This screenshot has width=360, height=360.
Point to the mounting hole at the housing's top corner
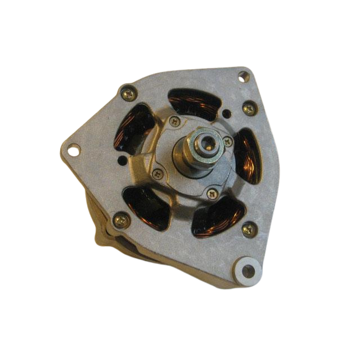pos(243,76)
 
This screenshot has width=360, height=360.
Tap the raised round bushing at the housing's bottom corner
pos(246,270)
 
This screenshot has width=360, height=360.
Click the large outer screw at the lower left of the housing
pos(120,220)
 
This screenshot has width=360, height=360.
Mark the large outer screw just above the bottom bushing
pos(248,229)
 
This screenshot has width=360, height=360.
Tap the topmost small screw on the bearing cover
pos(175,121)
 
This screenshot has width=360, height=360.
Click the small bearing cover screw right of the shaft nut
pos(227,142)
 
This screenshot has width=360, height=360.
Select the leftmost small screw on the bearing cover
pos(158,174)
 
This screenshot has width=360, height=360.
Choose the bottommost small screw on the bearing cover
pos(213,193)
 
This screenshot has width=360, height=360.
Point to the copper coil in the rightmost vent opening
pos(248,156)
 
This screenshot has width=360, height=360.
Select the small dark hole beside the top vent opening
pos(226,114)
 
